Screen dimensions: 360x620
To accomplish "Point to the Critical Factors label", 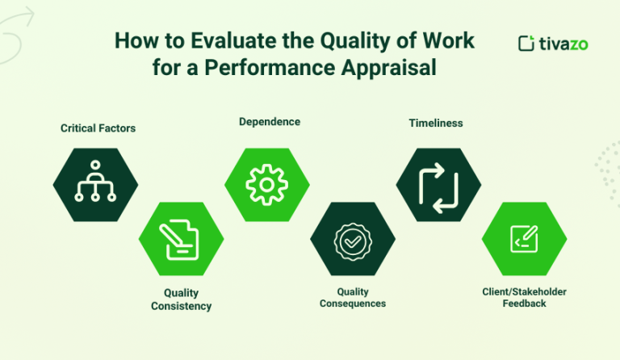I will click(x=98, y=128).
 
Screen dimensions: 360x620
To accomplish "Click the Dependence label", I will click(x=269, y=122).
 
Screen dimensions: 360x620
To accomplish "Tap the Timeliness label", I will click(x=435, y=123).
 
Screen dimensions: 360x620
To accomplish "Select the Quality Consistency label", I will click(x=181, y=299).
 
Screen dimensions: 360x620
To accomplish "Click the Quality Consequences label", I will click(x=352, y=297).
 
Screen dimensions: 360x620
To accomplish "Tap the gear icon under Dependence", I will click(x=266, y=185).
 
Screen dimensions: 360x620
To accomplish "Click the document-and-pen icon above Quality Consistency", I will click(x=181, y=240).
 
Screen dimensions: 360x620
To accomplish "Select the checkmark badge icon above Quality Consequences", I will click(x=353, y=240).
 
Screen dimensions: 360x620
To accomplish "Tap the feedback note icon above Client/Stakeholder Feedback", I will click(x=524, y=239).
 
